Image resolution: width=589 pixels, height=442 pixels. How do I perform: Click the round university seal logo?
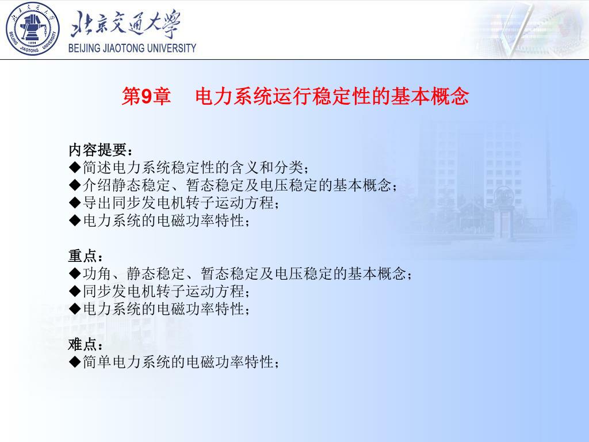pos(33,29)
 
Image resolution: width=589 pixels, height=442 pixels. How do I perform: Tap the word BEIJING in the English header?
pos(84,48)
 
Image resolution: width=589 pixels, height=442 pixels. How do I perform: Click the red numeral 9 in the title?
pos(147,96)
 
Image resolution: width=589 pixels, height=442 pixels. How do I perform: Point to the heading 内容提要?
pos(98,150)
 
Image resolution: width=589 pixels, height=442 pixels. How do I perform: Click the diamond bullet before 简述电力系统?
pos(75,167)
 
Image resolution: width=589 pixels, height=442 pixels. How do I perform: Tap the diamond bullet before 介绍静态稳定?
pos(75,185)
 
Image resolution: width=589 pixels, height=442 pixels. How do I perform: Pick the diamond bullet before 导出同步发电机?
pos(75,203)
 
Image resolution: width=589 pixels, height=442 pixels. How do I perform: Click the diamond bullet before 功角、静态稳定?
pos(75,273)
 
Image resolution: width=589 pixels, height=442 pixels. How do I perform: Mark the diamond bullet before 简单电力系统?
pos(75,361)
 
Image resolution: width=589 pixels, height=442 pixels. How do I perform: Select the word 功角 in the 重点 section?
pos(97,273)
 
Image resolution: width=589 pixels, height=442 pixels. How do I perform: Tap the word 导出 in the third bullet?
pos(97,203)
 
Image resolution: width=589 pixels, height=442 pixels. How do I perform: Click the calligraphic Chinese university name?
pos(125,23)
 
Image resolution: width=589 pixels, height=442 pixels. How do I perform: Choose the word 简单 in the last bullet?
pos(97,362)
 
